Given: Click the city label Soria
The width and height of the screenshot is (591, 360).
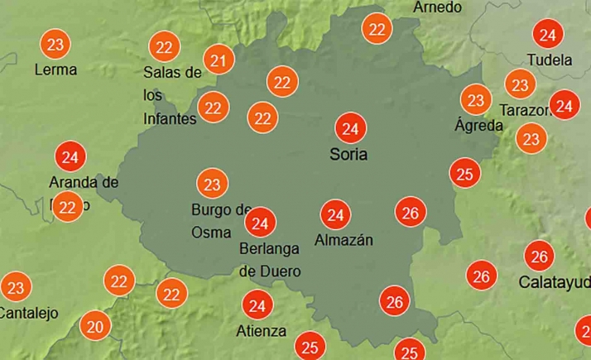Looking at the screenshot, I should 348,155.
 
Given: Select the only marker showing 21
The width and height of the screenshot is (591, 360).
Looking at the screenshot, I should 219,60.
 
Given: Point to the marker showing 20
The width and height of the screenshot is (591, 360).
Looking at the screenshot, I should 95,327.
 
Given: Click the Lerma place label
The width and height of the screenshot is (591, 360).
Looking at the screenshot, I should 55,70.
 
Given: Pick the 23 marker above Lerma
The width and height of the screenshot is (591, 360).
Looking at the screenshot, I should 55,43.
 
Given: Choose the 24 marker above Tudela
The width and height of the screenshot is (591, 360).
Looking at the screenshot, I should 546,35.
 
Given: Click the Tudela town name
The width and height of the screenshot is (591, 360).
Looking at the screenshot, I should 550,60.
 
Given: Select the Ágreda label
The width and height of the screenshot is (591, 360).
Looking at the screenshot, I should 478,126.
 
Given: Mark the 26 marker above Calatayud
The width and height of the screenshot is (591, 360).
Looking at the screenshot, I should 540,256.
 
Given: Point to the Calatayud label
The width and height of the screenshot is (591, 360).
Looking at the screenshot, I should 554,282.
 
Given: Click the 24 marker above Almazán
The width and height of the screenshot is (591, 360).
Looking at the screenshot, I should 335,216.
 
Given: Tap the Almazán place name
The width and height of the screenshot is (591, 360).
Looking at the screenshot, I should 344,241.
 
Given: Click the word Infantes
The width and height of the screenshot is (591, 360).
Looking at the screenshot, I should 170,119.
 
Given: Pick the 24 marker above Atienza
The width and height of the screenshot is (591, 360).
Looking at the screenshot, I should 257,306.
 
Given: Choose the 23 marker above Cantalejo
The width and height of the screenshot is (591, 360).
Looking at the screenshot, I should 16,288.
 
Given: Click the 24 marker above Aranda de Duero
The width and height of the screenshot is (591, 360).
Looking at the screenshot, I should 70,156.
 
